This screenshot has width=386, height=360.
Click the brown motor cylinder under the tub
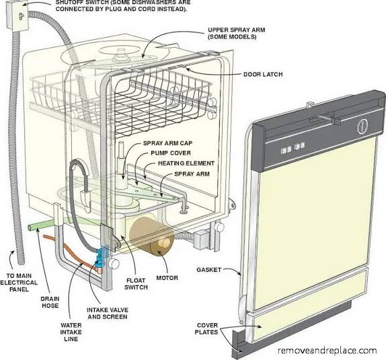(x=151, y=238)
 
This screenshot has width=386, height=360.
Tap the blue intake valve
(x=101, y=257)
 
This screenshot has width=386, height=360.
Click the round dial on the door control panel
(x=362, y=126)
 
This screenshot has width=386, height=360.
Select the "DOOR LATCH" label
(x=263, y=74)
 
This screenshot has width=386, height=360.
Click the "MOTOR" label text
(x=167, y=278)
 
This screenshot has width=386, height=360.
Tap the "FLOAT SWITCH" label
(x=136, y=284)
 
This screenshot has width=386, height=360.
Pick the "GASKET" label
(x=208, y=270)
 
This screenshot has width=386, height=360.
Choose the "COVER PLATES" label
(x=206, y=328)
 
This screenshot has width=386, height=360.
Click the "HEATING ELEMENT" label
(x=186, y=164)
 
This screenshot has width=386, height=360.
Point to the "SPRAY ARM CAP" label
(x=168, y=143)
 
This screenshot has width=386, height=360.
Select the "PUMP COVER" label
(x=171, y=153)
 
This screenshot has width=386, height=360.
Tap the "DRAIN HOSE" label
(x=50, y=302)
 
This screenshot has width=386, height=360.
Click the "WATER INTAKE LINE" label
(x=71, y=332)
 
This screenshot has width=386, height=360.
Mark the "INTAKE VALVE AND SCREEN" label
(x=108, y=313)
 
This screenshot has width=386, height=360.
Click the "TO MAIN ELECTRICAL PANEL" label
(x=19, y=283)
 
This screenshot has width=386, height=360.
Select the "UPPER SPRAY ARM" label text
(x=237, y=30)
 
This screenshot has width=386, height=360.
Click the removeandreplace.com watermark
(x=327, y=350)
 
